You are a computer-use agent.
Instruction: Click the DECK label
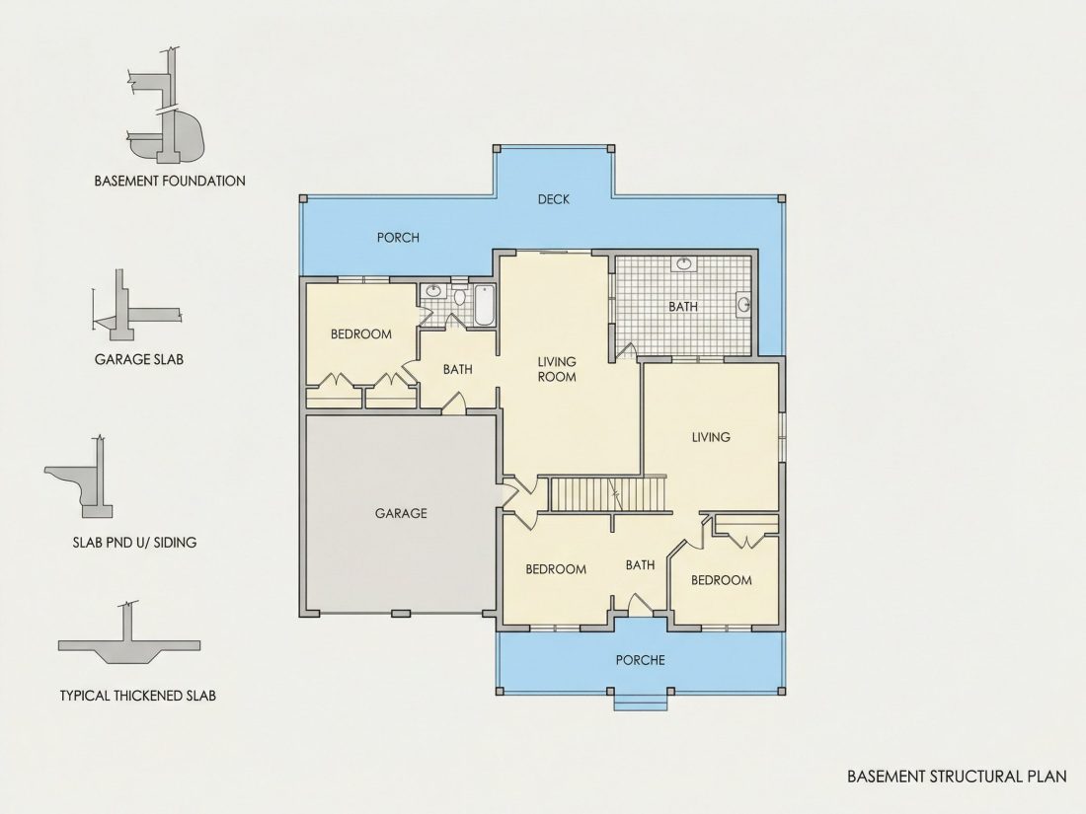[x=554, y=199]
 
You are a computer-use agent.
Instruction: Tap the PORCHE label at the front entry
[x=640, y=660]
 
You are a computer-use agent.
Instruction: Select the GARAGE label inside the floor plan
[x=401, y=513]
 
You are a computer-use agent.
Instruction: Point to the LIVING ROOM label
[x=557, y=369]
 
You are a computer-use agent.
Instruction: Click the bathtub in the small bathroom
[x=484, y=305]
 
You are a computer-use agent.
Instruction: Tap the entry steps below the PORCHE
[x=641, y=702]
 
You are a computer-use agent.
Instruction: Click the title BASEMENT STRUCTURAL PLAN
[x=957, y=776]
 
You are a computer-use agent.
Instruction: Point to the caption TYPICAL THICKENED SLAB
[x=138, y=696]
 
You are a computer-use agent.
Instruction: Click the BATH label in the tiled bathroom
[x=683, y=307]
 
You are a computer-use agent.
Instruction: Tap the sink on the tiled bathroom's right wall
[x=743, y=304]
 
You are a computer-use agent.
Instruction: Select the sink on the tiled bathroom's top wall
[x=684, y=263]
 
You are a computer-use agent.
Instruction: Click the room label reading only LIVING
[x=711, y=437]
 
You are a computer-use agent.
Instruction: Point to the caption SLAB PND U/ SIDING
[x=134, y=543]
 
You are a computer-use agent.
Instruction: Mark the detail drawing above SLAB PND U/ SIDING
[x=78, y=478]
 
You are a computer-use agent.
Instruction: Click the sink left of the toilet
[x=433, y=291]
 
